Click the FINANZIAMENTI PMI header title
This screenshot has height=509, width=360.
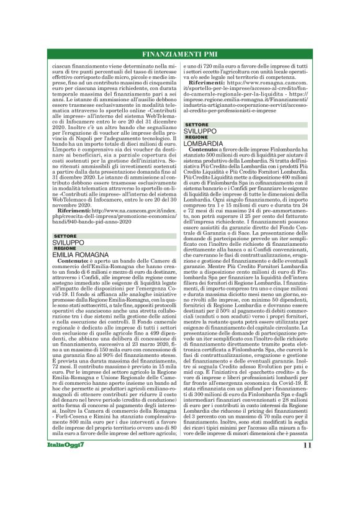179,54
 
